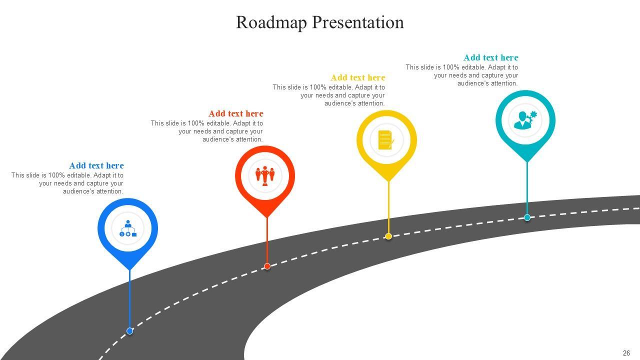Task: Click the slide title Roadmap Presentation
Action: pyautogui.click(x=320, y=22)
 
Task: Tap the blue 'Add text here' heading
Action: pyautogui.click(x=96, y=165)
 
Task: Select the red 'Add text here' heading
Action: pyautogui.click(x=235, y=113)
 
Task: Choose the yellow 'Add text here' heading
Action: pyautogui.click(x=357, y=77)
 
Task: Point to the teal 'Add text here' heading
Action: pyautogui.click(x=490, y=57)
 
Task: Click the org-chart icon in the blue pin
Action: pyautogui.click(x=128, y=228)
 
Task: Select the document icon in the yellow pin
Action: pyautogui.click(x=386, y=140)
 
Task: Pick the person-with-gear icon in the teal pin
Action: pyautogui.click(x=525, y=120)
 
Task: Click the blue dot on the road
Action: pyautogui.click(x=129, y=330)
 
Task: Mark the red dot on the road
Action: pyautogui.click(x=267, y=266)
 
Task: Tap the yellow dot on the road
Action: pyautogui.click(x=388, y=236)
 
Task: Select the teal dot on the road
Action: pyautogui.click(x=527, y=217)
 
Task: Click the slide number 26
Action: pyautogui.click(x=626, y=353)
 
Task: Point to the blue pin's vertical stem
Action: pyautogui.click(x=129, y=300)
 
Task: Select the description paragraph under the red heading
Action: pyautogui.click(x=207, y=131)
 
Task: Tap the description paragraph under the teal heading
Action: pyautogui.click(x=462, y=75)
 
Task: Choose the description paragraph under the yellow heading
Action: pyautogui.click(x=329, y=95)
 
